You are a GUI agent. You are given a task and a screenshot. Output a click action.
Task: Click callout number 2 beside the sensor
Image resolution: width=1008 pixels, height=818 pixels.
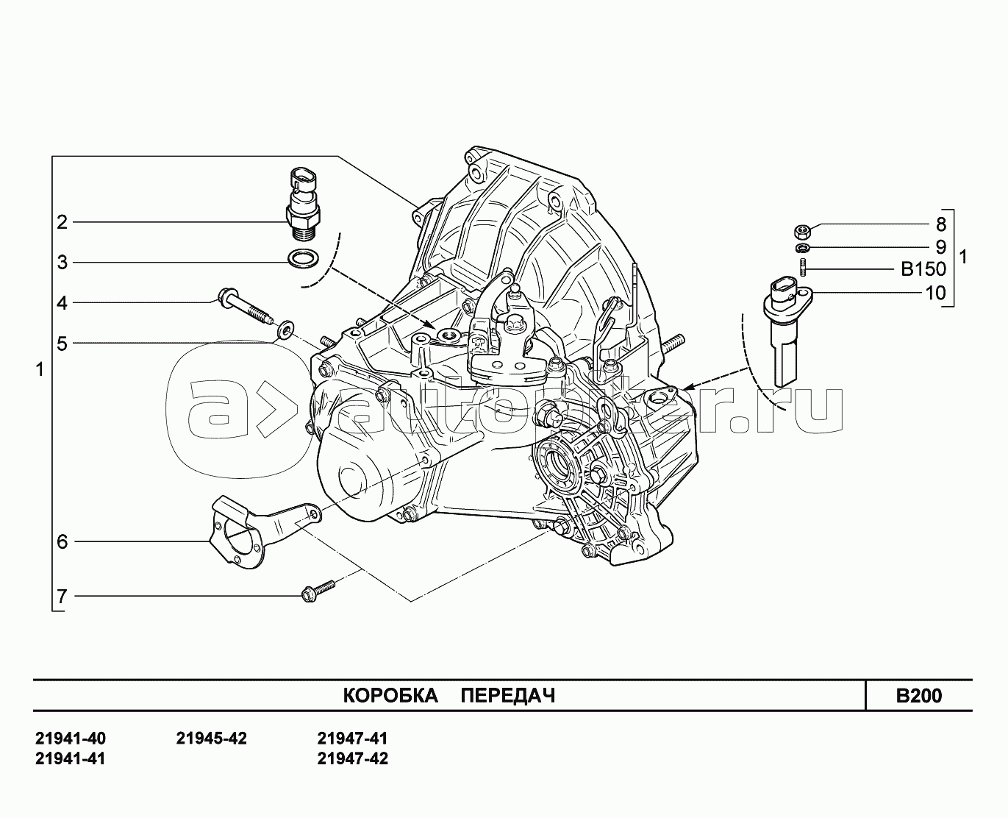click(x=62, y=222)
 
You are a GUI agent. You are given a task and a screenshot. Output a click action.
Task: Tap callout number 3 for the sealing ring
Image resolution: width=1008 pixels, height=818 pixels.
click(x=62, y=263)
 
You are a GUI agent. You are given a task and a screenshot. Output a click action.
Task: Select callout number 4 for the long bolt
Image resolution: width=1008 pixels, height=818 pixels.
click(x=62, y=303)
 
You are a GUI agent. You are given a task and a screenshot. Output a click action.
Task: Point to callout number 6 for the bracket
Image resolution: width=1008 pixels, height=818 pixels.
click(x=62, y=541)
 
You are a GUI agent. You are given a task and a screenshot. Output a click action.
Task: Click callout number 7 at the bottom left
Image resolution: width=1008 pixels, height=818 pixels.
click(x=62, y=597)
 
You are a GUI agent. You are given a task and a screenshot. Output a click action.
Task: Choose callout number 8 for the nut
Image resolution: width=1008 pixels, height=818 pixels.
click(x=941, y=224)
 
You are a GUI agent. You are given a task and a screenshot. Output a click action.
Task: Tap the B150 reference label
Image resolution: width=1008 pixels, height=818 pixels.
click(x=923, y=269)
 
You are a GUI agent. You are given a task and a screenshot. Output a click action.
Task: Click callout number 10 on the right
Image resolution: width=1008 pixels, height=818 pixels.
click(x=936, y=293)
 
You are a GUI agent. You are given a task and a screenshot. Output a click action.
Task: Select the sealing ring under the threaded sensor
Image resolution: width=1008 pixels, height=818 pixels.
click(x=303, y=258)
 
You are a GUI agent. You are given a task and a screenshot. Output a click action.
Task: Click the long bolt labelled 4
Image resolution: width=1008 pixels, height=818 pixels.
click(x=243, y=305)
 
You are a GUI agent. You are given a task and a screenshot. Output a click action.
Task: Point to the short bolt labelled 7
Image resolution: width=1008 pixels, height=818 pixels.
click(x=318, y=591)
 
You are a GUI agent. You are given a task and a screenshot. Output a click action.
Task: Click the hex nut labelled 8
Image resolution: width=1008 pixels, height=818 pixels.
click(x=803, y=232)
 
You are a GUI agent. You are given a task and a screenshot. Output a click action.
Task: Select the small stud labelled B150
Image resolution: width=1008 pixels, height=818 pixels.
click(x=803, y=268)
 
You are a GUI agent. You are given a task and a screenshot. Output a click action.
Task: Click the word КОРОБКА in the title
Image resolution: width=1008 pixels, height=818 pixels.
click(x=390, y=695)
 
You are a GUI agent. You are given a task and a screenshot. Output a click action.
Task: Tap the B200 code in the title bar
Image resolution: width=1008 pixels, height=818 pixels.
click(x=919, y=696)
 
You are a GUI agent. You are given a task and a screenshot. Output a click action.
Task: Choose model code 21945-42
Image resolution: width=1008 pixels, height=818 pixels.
click(x=212, y=739)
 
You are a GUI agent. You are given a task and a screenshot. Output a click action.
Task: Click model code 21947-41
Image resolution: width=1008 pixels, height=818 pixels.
click(x=353, y=739)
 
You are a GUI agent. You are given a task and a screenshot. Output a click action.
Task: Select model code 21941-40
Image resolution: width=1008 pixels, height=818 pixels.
click(x=71, y=739)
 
